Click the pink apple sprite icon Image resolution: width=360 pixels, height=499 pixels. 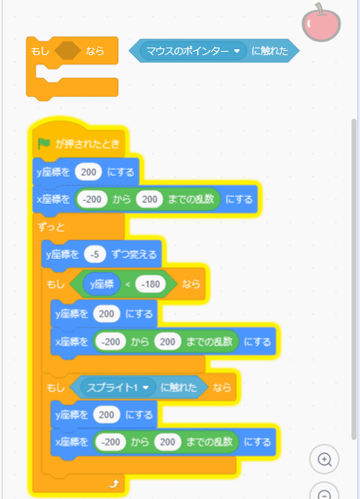coord(321,23)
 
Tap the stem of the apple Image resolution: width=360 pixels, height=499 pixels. coord(319,8)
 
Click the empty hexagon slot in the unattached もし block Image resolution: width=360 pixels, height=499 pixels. coord(67,51)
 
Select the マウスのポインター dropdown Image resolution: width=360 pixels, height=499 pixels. coord(194,51)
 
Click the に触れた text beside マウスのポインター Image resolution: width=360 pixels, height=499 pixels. coord(270,51)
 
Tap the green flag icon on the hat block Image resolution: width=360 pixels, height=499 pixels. coord(44,143)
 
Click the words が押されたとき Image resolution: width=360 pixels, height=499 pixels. coord(87,144)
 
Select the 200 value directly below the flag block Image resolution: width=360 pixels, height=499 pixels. coord(88,172)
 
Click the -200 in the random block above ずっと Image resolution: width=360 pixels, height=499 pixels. coord(92,199)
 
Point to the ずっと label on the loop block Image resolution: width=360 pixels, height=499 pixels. coord(51,227)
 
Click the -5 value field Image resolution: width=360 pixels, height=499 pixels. coord(94,255)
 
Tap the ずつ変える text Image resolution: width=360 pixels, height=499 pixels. coord(134,255)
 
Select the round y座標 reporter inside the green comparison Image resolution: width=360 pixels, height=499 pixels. coord(102,283)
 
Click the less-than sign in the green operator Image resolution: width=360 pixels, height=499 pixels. coord(127,284)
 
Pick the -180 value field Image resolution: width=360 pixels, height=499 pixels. coord(150,283)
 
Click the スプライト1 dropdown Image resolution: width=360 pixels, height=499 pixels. coord(118,387)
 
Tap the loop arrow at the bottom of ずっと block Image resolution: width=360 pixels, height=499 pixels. coord(114,484)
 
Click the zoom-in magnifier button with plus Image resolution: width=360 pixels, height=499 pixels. coord(324,459)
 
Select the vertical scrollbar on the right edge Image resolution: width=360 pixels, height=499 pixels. coord(354,279)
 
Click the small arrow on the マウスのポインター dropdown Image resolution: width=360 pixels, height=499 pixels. coord(237,51)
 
